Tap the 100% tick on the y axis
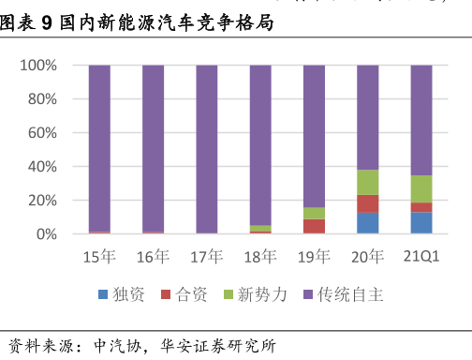(38, 66)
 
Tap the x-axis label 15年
(99, 257)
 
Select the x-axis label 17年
(207, 257)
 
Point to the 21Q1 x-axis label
(421, 257)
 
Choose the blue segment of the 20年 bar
(367, 223)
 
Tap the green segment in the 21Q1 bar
(421, 188)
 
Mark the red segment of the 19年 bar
(314, 226)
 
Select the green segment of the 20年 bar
(367, 182)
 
